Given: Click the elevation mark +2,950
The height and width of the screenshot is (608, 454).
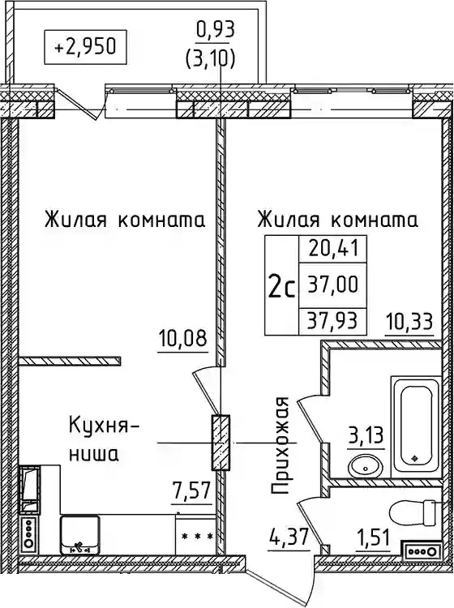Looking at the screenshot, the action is click(x=86, y=47).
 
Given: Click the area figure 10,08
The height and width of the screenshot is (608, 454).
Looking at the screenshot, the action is click(x=183, y=340).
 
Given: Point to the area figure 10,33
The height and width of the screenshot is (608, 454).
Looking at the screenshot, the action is click(x=409, y=321).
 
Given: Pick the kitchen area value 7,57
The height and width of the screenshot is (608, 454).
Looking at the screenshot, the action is click(x=192, y=491).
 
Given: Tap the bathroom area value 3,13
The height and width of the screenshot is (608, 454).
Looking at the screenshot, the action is click(x=366, y=437).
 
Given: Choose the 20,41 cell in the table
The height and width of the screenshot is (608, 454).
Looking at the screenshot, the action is click(x=332, y=249).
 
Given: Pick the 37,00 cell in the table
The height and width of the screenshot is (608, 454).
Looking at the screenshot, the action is click(x=332, y=285).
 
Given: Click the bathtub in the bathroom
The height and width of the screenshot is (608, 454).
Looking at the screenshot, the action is click(x=413, y=425).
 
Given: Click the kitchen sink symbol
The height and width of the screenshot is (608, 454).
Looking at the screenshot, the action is click(x=80, y=535).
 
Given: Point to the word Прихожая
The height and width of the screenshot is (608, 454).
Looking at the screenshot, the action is click(x=280, y=446).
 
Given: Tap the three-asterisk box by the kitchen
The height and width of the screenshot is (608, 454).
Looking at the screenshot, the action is click(x=197, y=536).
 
